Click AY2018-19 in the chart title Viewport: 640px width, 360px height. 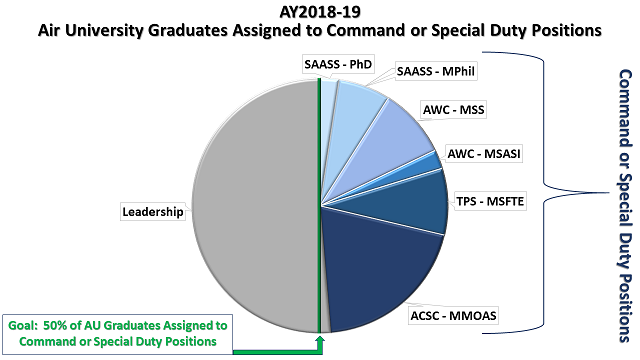tap(319, 12)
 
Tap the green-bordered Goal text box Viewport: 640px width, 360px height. tap(116, 333)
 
